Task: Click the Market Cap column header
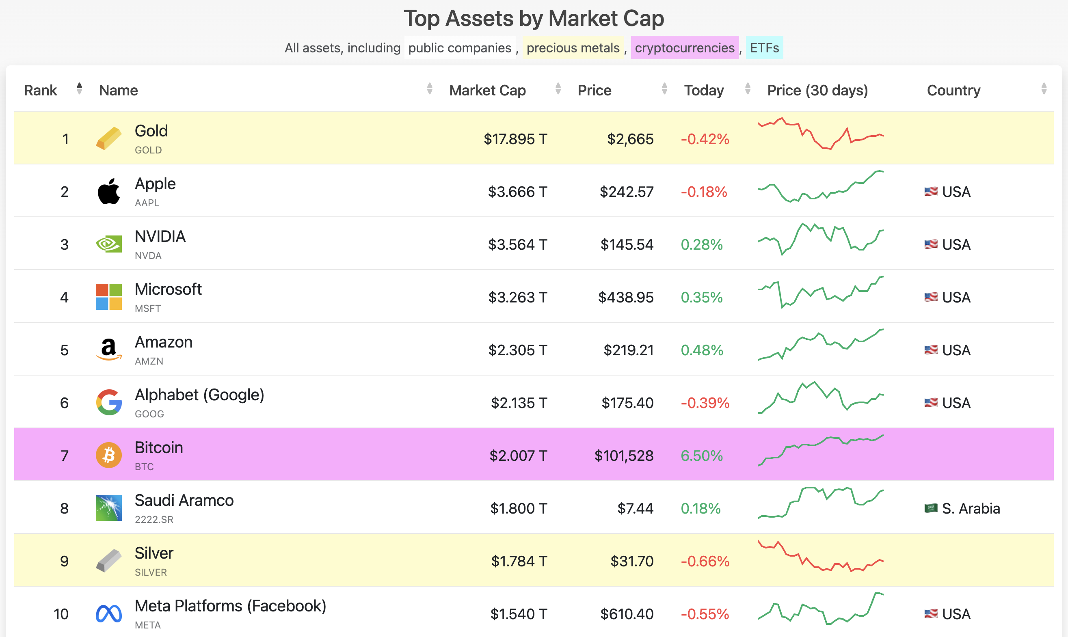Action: tap(487, 90)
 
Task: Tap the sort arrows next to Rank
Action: tap(79, 89)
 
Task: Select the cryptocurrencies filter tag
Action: tap(684, 48)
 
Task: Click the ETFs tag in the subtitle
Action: tap(764, 48)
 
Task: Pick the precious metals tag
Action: tap(573, 48)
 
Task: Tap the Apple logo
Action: tap(108, 192)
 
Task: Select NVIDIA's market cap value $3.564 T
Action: tap(517, 244)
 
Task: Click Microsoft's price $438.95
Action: tap(625, 297)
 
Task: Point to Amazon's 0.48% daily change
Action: tap(701, 350)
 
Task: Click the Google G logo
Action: tap(108, 403)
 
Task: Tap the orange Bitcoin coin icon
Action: tap(108, 455)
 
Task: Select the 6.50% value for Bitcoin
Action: tap(701, 456)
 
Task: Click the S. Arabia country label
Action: tap(970, 508)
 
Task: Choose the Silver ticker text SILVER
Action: tap(151, 572)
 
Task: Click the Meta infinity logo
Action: tap(108, 614)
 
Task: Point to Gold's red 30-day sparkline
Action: tap(820, 134)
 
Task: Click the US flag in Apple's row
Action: tap(931, 192)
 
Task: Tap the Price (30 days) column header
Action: tap(817, 90)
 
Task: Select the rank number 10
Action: tap(61, 614)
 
